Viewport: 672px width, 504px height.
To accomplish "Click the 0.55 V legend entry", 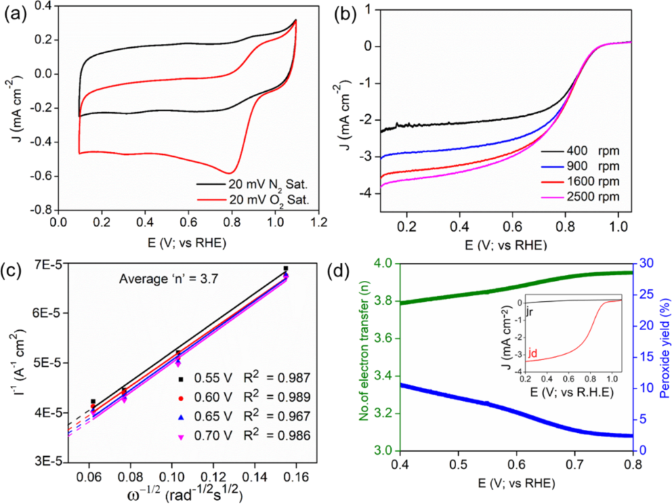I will (198, 377).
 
